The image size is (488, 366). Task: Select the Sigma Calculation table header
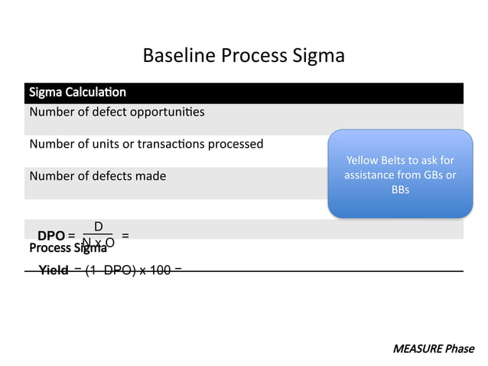[77, 93]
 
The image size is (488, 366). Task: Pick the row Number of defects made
[97, 176]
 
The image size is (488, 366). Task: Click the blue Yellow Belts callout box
[399, 174]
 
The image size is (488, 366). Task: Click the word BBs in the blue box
[400, 189]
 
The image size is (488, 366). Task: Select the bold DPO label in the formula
[51, 237]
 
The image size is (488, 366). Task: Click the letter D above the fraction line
[98, 227]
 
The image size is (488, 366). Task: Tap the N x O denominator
[98, 243]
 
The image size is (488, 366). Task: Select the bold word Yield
[54, 271]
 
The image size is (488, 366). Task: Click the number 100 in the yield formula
[160, 271]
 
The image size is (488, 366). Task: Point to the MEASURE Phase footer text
[433, 349]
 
